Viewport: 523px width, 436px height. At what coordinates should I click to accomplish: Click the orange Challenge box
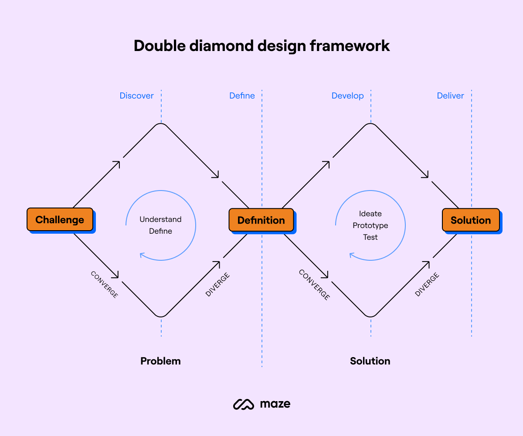pyautogui.click(x=60, y=219)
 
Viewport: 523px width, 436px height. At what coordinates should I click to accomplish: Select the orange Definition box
pyautogui.click(x=261, y=220)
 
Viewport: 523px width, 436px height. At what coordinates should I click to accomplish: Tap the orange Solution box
pyautogui.click(x=471, y=220)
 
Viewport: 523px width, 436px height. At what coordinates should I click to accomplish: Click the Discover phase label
pyautogui.click(x=136, y=95)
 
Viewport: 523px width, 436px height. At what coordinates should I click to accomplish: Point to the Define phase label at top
pyautogui.click(x=242, y=95)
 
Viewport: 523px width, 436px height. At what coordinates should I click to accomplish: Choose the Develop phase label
pyautogui.click(x=347, y=95)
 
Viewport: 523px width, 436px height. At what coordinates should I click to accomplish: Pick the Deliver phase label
pyautogui.click(x=450, y=95)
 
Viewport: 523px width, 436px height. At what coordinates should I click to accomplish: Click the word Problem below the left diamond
pyautogui.click(x=160, y=361)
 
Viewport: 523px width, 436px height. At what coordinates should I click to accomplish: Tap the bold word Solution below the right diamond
pyautogui.click(x=370, y=361)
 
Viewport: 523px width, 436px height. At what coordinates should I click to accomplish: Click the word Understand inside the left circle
pyautogui.click(x=160, y=219)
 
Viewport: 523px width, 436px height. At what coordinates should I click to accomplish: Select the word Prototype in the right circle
pyautogui.click(x=370, y=225)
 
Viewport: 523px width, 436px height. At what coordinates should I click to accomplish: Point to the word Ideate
pyautogui.click(x=370, y=214)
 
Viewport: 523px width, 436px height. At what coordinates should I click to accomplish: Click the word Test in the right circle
pyautogui.click(x=370, y=237)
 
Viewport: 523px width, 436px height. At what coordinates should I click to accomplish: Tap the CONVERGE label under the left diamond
pyautogui.click(x=104, y=284)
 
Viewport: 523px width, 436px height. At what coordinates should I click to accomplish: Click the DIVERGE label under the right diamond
pyautogui.click(x=427, y=284)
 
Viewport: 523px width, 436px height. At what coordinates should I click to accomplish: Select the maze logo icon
pyautogui.click(x=243, y=404)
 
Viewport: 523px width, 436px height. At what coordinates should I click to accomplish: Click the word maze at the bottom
pyautogui.click(x=275, y=404)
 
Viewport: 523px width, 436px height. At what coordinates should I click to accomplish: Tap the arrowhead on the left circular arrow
pyautogui.click(x=142, y=255)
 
